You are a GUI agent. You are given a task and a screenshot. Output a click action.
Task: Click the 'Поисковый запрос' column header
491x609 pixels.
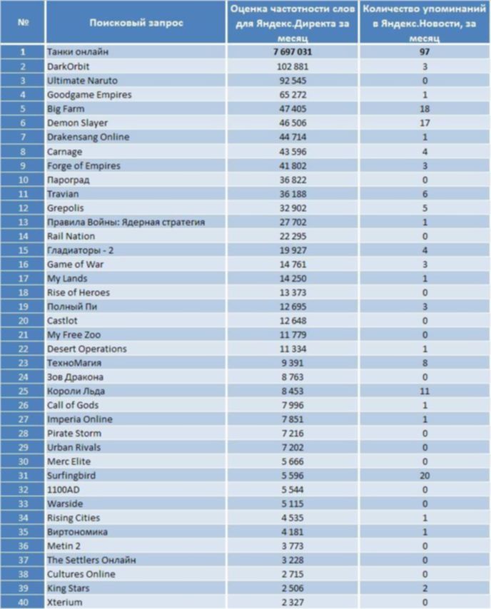point(136,23)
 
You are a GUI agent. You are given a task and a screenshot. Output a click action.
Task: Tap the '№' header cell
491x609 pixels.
point(23,23)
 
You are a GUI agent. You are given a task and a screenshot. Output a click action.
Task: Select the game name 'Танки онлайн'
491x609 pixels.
point(78,52)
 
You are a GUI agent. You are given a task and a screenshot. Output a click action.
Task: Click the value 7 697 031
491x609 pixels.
point(293,52)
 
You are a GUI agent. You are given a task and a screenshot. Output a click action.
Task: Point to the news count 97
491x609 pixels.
point(425,52)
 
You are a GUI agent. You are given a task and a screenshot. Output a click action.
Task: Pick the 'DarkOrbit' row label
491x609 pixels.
point(68,66)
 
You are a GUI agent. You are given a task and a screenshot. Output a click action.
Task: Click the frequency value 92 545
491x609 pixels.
point(293,81)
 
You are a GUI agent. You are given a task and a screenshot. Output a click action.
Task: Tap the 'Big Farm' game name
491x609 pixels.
point(66,108)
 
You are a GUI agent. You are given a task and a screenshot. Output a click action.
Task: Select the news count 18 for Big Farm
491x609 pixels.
point(425,108)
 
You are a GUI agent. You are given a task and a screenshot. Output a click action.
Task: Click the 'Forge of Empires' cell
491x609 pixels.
point(83,166)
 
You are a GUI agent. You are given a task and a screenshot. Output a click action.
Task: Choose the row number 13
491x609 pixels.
point(23,222)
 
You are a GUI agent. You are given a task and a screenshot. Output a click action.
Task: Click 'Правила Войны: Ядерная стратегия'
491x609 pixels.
point(126,222)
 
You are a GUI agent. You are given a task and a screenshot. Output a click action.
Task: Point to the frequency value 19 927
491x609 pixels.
point(293,250)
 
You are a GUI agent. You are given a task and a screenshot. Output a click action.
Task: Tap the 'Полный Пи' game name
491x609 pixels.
point(72,307)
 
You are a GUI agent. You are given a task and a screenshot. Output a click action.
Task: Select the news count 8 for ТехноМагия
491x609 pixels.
point(425,363)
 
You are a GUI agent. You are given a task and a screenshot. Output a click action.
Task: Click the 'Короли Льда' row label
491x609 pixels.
point(76,391)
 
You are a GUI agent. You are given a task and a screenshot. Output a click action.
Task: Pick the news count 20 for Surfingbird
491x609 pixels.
point(425,476)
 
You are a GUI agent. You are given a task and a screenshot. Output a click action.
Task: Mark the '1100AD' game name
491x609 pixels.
point(64,490)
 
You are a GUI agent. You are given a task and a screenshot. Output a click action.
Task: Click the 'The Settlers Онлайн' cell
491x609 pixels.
point(91,560)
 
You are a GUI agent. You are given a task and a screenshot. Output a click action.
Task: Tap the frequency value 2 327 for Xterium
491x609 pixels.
point(293,603)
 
